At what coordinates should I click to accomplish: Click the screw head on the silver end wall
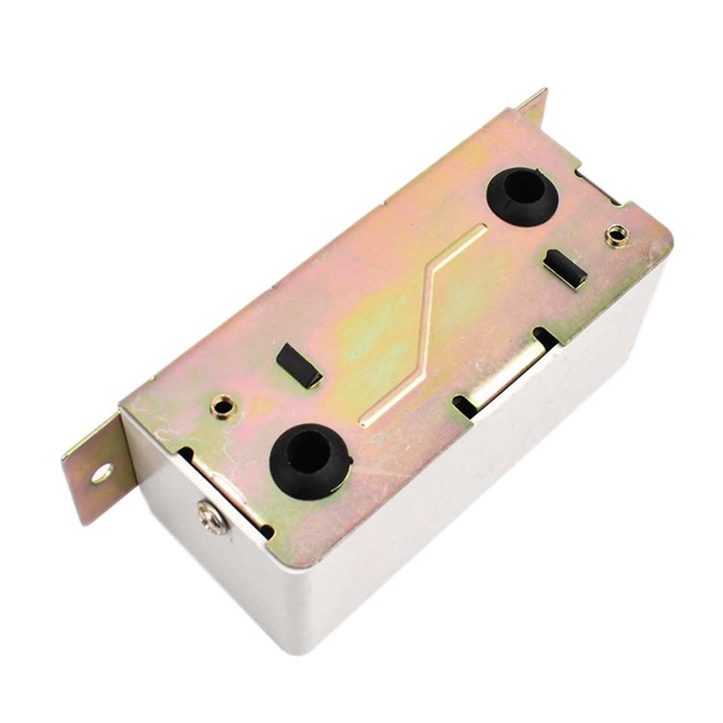tap(212, 517)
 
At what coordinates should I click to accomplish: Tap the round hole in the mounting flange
tap(102, 473)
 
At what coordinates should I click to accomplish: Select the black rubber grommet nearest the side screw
tap(310, 461)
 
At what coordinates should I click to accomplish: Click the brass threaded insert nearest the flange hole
tap(224, 407)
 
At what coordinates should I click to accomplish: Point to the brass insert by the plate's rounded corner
tap(617, 236)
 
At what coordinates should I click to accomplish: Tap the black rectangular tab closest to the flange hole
tap(298, 365)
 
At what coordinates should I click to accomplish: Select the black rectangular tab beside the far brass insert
tap(565, 269)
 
